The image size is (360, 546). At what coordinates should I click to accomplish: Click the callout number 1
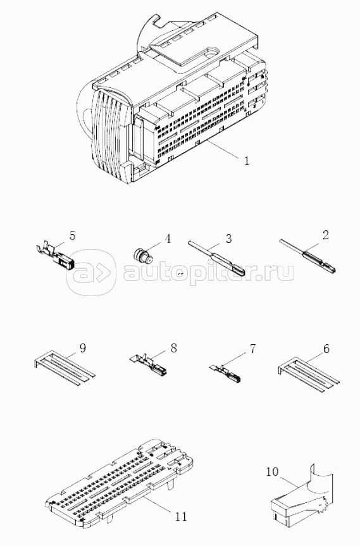click(x=247, y=161)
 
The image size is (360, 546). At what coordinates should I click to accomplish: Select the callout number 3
click(x=228, y=239)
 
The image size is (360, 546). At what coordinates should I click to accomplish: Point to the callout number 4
click(x=168, y=239)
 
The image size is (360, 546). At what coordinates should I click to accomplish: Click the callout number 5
click(x=72, y=235)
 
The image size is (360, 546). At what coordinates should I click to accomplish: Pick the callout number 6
click(x=326, y=349)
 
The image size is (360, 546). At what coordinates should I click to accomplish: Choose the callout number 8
click(x=173, y=348)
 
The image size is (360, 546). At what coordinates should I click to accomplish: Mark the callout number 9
click(x=82, y=348)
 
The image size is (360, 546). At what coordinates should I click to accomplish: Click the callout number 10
click(x=273, y=472)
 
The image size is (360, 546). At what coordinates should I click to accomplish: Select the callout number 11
click(x=180, y=516)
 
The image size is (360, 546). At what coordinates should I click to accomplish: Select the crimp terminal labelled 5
click(x=55, y=256)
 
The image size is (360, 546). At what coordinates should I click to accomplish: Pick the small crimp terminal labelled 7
click(x=225, y=372)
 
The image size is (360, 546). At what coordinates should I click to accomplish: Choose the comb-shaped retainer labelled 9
click(x=64, y=369)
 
